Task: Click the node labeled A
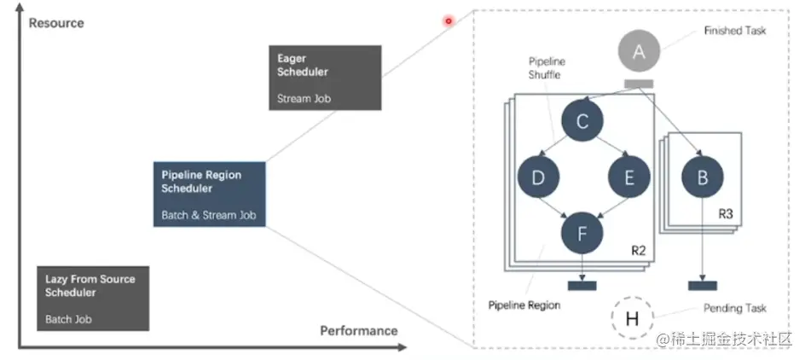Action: [639, 51]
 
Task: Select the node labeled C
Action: [582, 120]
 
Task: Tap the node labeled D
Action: [539, 177]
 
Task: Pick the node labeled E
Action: [629, 177]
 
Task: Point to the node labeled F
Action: [582, 234]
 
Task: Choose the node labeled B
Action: [703, 177]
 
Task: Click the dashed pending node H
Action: [632, 318]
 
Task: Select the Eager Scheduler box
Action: [325, 78]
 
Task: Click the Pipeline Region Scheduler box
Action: [210, 195]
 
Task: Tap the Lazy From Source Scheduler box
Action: [93, 299]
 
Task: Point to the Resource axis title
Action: [56, 23]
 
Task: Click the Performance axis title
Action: [359, 331]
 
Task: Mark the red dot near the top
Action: [449, 21]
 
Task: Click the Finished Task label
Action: [735, 31]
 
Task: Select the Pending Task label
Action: [735, 308]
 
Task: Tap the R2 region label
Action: [638, 251]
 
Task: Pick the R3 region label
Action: [726, 214]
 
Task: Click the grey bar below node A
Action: [639, 84]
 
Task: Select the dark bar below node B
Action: [703, 286]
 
